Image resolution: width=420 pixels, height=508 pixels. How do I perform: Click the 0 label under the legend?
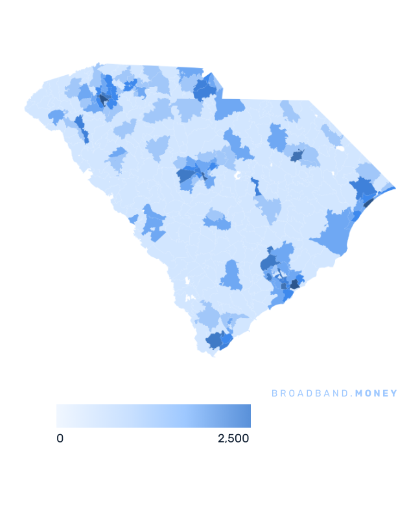tap(60, 439)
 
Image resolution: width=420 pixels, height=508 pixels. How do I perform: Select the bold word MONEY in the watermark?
tap(377, 393)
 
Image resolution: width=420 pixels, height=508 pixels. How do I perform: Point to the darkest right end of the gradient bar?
tap(247, 416)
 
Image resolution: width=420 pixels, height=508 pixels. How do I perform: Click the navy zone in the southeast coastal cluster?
tap(295, 283)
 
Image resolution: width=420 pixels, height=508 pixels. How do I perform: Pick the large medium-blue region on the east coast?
tap(334, 230)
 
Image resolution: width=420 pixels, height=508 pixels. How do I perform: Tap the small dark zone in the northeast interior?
tap(297, 156)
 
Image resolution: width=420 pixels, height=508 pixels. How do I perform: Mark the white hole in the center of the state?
tap(237, 176)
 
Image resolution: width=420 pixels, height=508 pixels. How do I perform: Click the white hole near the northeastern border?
tap(338, 148)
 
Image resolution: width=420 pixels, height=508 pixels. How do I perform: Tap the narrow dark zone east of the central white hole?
tap(257, 187)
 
